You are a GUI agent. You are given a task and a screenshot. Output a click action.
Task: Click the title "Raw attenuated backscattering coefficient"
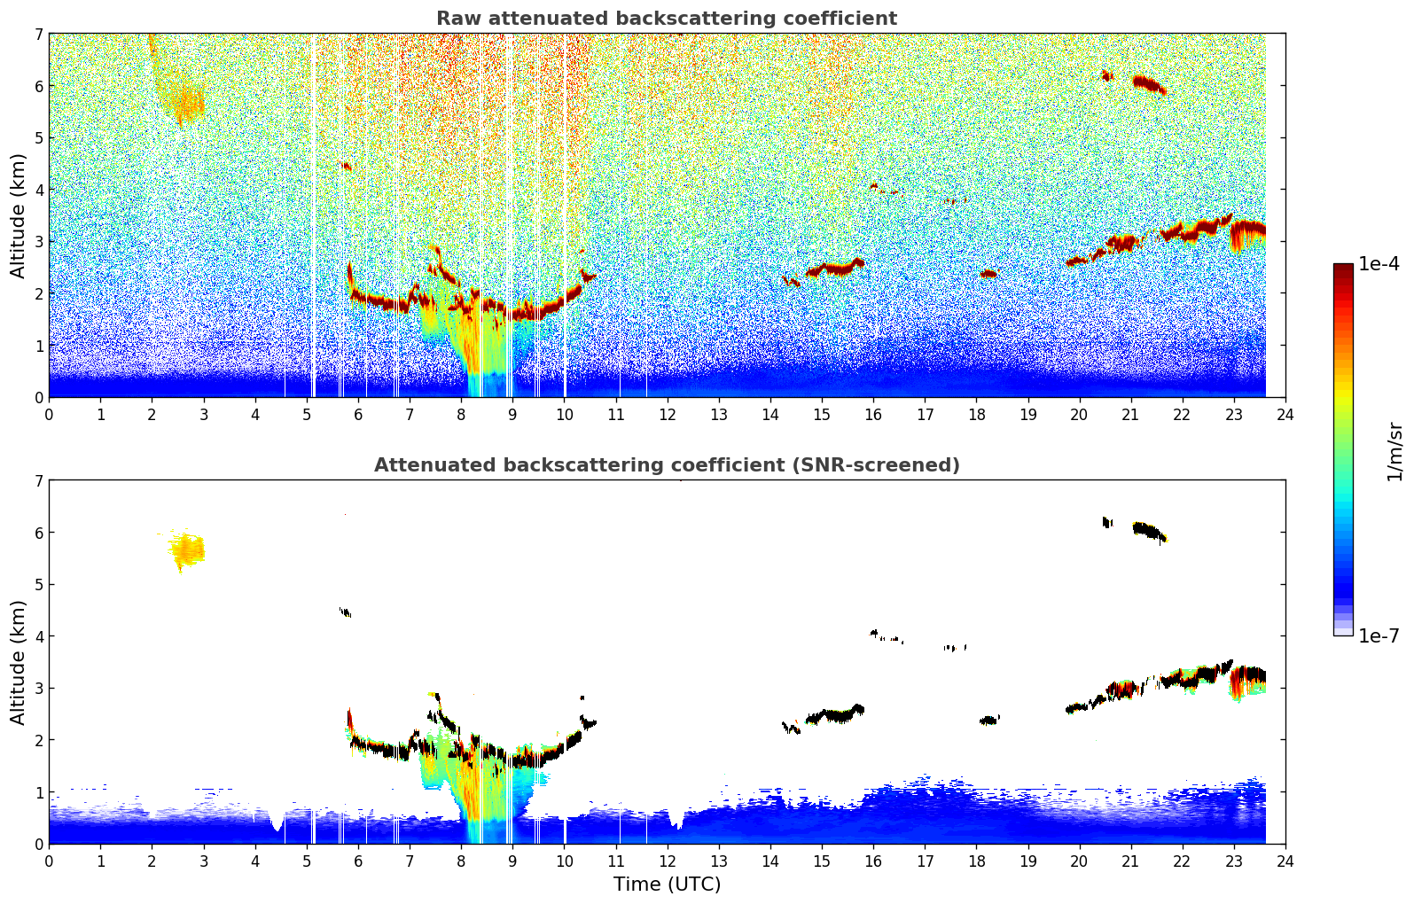click(666, 19)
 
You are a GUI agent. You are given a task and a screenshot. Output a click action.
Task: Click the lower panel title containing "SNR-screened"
click(666, 465)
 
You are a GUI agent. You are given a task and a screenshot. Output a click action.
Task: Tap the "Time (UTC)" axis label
click(667, 884)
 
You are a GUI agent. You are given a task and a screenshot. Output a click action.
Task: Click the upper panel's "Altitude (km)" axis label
click(19, 215)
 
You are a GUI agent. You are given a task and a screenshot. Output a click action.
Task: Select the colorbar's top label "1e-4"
click(1379, 264)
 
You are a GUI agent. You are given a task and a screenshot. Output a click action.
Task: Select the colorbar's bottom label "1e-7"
click(1379, 635)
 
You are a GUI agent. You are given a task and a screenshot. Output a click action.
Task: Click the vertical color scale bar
click(1342, 449)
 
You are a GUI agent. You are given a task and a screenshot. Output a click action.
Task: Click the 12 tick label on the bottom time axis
click(667, 861)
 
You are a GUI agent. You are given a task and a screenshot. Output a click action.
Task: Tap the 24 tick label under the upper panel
click(1285, 414)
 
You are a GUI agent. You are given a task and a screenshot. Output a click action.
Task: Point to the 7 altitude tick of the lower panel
click(38, 480)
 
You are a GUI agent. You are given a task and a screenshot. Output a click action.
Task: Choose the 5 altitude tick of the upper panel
click(38, 137)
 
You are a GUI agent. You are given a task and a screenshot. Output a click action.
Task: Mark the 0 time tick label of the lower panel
click(49, 861)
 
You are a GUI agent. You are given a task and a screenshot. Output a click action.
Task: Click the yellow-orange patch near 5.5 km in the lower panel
click(187, 550)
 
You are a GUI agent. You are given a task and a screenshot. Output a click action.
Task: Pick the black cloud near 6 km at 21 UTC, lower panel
click(1149, 532)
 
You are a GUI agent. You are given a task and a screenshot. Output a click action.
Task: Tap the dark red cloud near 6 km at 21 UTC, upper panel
click(1149, 84)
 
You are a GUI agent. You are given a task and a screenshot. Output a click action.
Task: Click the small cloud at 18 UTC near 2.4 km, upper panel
click(988, 274)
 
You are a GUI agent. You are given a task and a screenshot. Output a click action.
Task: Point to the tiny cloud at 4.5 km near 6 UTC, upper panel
click(346, 166)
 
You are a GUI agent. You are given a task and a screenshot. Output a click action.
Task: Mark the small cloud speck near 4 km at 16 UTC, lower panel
click(874, 633)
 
